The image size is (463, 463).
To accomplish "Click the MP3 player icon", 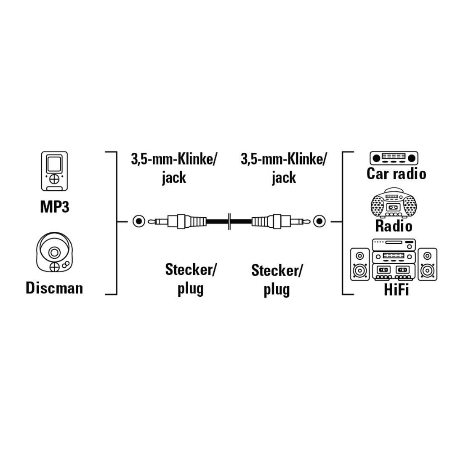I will [x=54, y=171].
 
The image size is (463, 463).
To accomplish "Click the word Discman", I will [x=54, y=288].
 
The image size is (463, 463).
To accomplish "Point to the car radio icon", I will [x=394, y=158].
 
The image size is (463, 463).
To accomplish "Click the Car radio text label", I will [x=396, y=173].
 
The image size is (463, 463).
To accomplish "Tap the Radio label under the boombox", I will [x=394, y=226].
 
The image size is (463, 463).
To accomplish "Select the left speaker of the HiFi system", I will [x=359, y=264].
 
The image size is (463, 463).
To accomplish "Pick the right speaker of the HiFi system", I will [x=428, y=264].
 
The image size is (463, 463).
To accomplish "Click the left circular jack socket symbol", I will [x=138, y=221].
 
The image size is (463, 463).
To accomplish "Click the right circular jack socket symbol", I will [x=319, y=221].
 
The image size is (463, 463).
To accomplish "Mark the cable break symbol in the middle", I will [x=229, y=221].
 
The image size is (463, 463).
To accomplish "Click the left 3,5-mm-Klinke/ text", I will [x=174, y=159].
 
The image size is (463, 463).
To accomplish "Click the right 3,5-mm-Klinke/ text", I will [x=284, y=159].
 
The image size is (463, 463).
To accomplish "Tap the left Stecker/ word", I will [x=191, y=269].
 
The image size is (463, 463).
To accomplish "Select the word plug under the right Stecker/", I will [x=277, y=290].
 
